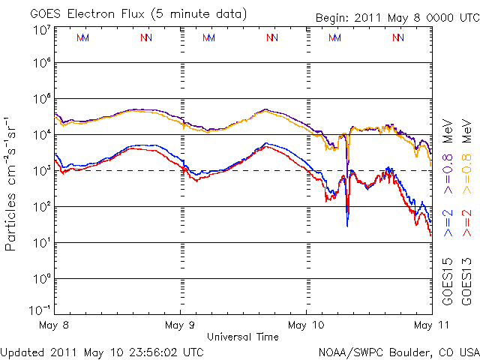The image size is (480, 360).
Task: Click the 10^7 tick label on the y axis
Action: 40,30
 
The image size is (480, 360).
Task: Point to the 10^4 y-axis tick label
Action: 40,134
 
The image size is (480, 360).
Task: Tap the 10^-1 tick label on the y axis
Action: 40,309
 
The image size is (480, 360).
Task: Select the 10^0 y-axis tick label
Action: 40,278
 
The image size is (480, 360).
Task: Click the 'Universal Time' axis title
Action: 243,337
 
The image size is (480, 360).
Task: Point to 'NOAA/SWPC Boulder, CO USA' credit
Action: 398,351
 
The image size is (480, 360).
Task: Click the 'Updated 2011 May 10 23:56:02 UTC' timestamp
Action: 102,351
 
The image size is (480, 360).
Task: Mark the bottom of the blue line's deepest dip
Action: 347,226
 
